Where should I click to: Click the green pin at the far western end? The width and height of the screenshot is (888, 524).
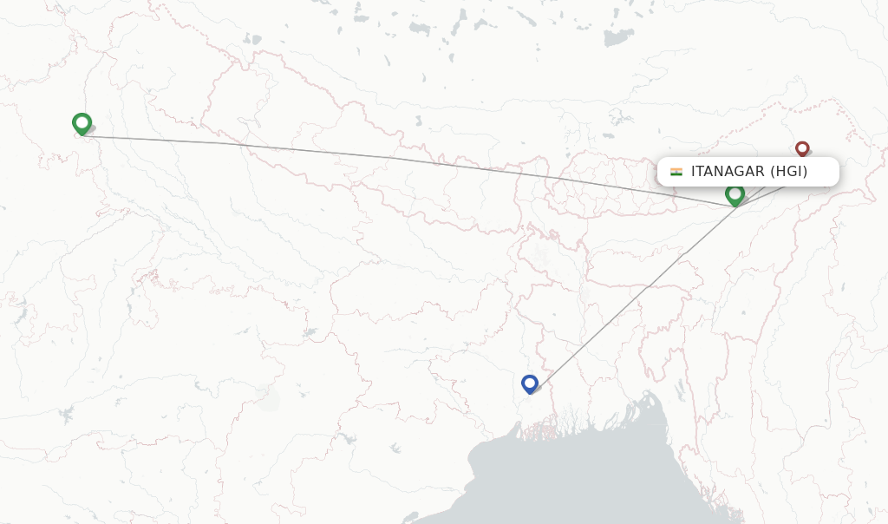(82, 124)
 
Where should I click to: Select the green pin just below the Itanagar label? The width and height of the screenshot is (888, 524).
(735, 195)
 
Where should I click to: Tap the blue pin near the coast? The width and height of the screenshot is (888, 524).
(530, 383)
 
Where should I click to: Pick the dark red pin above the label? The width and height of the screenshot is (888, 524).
(802, 150)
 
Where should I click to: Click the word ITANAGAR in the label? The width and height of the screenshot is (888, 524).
(727, 172)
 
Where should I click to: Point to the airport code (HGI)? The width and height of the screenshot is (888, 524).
(788, 172)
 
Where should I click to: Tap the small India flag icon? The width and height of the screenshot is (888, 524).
(676, 172)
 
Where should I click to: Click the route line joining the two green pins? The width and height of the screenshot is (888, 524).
(390, 158)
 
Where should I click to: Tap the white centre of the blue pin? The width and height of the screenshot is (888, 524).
(530, 381)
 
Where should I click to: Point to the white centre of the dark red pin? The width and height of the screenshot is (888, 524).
(802, 147)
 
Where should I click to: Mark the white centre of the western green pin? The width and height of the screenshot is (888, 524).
(82, 121)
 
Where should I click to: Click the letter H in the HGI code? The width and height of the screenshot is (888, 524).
(780, 172)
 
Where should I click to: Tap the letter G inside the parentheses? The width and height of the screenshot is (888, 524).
(789, 172)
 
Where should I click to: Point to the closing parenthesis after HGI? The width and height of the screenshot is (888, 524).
(805, 172)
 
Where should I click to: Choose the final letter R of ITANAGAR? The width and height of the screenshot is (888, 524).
(758, 172)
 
